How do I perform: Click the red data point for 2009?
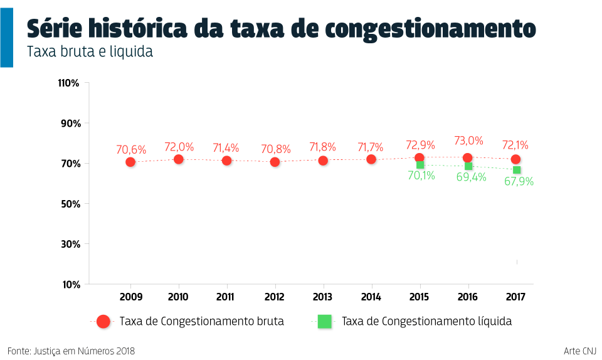(x=130, y=162)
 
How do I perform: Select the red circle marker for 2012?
(x=275, y=162)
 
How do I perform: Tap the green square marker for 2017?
(x=517, y=170)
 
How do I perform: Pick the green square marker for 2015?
(x=420, y=165)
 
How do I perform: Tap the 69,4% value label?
(x=471, y=177)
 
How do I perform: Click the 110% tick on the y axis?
(x=68, y=83)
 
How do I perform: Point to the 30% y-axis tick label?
(x=70, y=244)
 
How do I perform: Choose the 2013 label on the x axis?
(x=322, y=297)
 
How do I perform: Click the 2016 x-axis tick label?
(x=467, y=297)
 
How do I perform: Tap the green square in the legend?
(x=324, y=321)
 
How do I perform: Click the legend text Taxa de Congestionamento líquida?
(x=426, y=321)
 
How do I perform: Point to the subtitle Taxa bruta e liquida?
(x=90, y=52)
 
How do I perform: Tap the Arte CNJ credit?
(x=580, y=351)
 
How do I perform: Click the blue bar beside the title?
(x=6, y=37)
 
